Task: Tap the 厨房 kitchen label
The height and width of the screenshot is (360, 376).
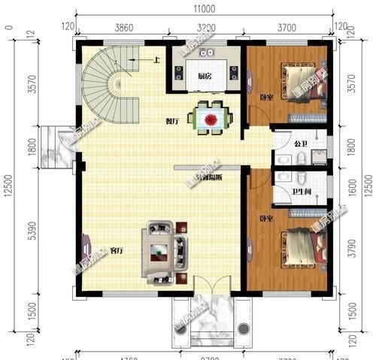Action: point(204,77)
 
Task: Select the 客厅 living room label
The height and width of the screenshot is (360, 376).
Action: point(117,250)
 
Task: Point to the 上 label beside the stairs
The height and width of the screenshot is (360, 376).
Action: point(156,59)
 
